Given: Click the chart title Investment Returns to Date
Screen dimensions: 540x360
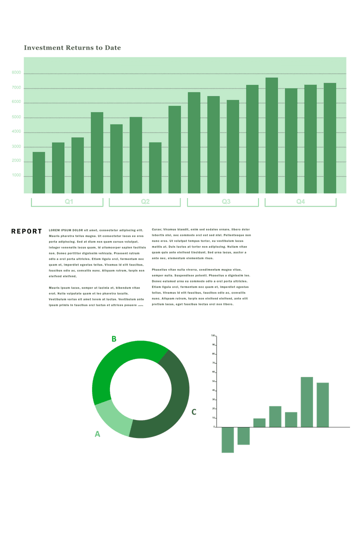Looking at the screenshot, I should pos(72,48).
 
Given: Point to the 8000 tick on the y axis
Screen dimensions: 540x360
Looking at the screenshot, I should pos(16,73).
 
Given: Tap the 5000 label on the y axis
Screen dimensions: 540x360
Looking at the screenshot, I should pos(16,118).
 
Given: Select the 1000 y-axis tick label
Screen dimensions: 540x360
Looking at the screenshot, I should pos(16,176).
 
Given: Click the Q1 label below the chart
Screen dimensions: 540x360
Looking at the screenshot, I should pos(69,202).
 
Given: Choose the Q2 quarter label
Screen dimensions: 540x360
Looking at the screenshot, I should pos(145,202).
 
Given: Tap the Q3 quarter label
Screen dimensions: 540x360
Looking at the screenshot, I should pos(226,202).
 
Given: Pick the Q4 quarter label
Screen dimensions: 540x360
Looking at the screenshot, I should pos(300,202).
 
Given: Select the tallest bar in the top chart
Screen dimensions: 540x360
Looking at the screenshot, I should pos(271,135).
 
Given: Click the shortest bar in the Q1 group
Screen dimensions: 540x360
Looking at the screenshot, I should pos(38,172).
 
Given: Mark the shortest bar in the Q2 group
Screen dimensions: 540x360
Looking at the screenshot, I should pos(155,167).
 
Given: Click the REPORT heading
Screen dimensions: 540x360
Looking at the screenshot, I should pos(26,231).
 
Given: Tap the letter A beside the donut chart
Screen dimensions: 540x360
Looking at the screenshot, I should pos(97,434).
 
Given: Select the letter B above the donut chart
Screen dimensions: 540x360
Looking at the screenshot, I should pos(114,339).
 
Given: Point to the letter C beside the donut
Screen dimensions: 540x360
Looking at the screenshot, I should pos(194,412).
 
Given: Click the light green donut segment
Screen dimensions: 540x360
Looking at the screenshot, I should pos(113,416).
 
